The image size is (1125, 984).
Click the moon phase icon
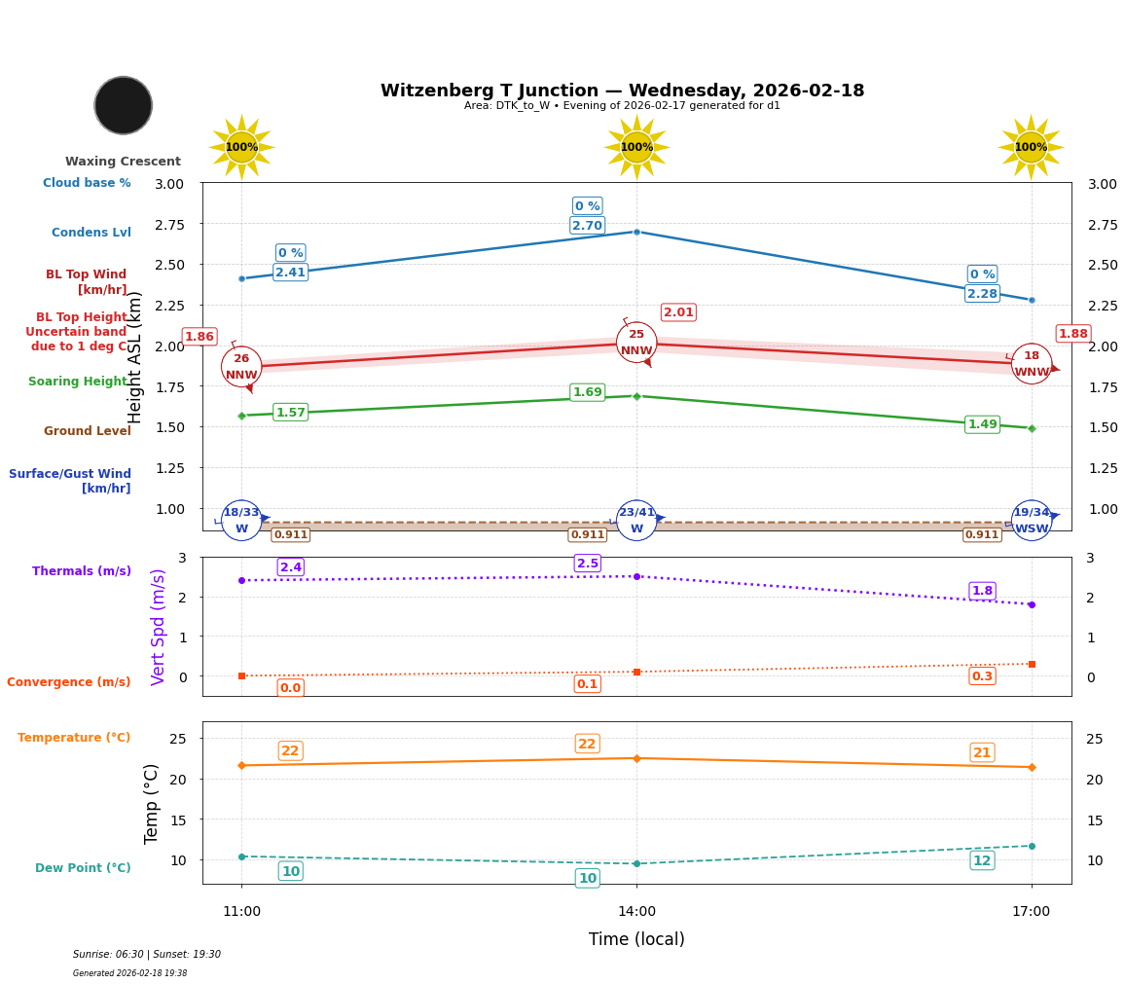[x=124, y=105]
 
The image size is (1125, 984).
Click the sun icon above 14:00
[x=636, y=147]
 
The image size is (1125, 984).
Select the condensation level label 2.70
[x=587, y=226]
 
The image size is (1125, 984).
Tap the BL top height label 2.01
[x=678, y=312]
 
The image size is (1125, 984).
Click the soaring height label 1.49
[x=982, y=424]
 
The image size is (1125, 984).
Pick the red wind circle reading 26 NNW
[x=241, y=367]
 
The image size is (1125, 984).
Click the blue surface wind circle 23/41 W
[x=636, y=521]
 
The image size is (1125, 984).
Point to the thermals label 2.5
[x=587, y=564]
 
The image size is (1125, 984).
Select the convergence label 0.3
[x=982, y=676]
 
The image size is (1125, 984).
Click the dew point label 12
[x=982, y=860]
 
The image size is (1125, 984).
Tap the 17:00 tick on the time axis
[x=1031, y=912]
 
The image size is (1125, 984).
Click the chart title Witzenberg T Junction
[x=622, y=91]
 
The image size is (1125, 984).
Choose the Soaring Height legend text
[x=78, y=382]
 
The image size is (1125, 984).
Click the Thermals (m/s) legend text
[x=82, y=571]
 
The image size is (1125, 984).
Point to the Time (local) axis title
[x=636, y=939]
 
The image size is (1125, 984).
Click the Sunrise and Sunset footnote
[x=147, y=955]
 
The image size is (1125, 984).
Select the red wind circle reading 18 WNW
[x=1032, y=364]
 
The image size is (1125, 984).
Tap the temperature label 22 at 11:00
[x=290, y=751]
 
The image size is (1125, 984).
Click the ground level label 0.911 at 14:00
[x=587, y=534]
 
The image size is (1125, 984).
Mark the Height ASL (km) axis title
[x=135, y=357]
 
